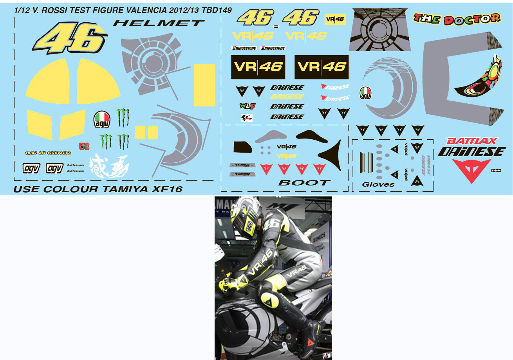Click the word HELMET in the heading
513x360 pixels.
coord(159,23)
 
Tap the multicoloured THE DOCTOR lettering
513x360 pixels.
coord(457,18)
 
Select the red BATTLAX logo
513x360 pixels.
coord(472,141)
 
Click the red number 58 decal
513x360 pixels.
coord(84,146)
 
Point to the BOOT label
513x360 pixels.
coord(304,183)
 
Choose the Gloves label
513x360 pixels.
coord(378,184)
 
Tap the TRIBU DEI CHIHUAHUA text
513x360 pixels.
coord(48,153)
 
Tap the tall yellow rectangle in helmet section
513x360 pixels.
coord(204,85)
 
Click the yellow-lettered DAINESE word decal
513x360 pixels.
coord(287,97)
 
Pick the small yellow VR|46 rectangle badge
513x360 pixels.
coord(335,19)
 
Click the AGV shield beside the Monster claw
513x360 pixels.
coord(102,119)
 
